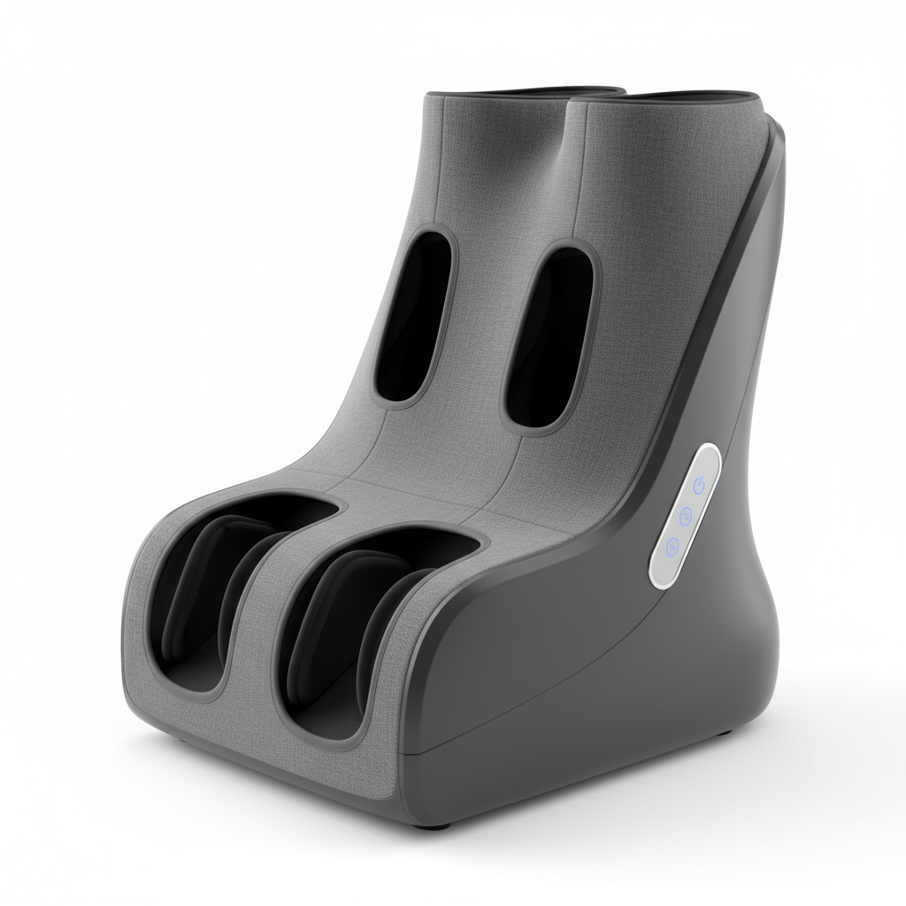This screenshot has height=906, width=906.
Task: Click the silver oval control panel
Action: (685, 514)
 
